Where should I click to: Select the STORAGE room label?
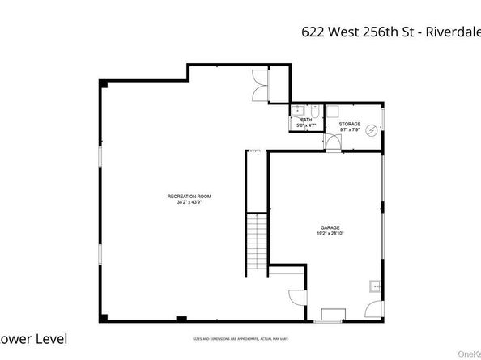coord(350,124)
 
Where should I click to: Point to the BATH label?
coord(307,120)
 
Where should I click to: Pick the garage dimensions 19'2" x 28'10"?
coord(329,233)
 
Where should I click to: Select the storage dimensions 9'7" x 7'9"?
coord(350,129)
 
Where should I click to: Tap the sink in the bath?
coord(296,108)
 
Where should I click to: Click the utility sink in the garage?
coord(375,286)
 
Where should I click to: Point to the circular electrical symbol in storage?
coord(372,129)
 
